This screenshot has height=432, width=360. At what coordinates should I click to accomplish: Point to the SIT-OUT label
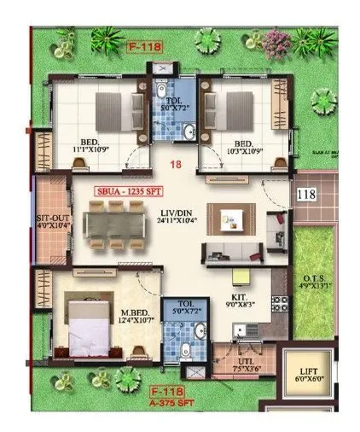point(52,219)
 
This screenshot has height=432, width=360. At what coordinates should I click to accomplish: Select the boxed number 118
point(306,195)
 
